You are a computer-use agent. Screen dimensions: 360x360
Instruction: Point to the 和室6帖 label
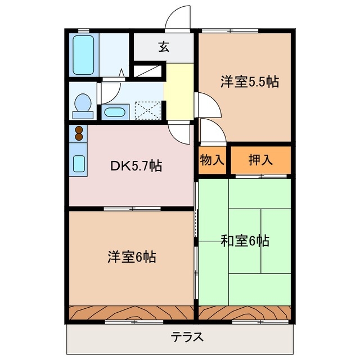pos(245,241)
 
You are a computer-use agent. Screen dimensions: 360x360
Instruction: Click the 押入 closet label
pos(261,159)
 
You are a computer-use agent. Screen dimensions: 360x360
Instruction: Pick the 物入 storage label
pos(212,159)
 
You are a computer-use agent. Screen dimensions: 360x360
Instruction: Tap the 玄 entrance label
pos(163,47)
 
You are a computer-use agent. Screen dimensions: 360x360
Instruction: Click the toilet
pos(83,105)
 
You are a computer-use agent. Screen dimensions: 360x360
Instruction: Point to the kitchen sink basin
pos(79,163)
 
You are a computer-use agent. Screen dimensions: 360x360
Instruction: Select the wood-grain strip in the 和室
pos(245,312)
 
